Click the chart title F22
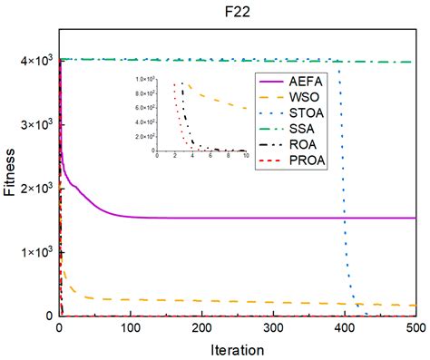coord(238,14)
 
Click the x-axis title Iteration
coord(238,349)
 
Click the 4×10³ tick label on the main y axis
coord(36,60)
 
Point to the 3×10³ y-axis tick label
coord(36,123)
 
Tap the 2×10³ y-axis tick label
coord(36,188)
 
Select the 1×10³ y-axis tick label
coord(36,251)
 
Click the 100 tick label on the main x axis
coord(131,327)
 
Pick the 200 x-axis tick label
coord(202,327)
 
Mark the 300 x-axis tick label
coord(273,327)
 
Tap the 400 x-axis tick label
coord(345,327)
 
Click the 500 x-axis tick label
coord(415,327)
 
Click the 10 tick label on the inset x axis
coord(246,158)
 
